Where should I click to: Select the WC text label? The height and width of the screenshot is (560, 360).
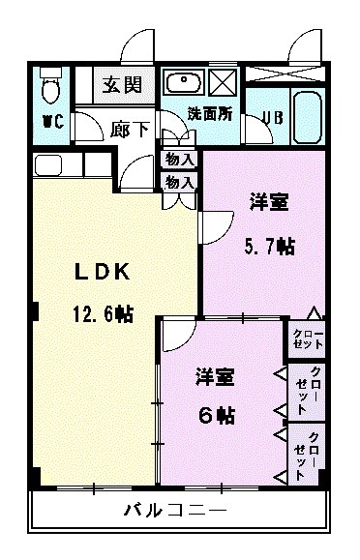point(52,123)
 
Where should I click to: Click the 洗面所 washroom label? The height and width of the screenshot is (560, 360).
point(210,112)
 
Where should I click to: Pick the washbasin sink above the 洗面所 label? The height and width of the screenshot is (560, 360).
point(183,81)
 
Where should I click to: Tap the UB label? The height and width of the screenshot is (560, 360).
point(273,118)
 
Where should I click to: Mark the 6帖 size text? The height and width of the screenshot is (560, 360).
point(217,415)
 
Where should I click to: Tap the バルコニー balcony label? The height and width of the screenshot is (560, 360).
point(175,510)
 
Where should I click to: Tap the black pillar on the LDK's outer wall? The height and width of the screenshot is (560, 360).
point(34,311)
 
